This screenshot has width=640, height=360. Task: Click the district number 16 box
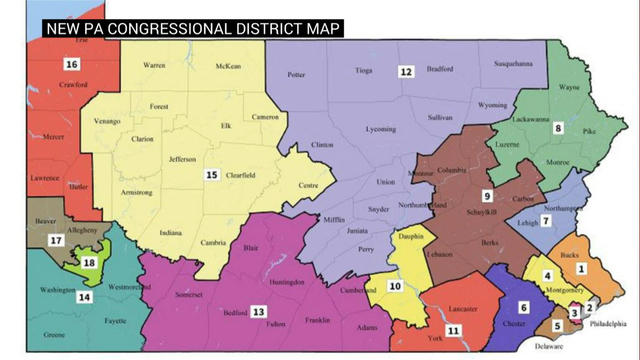(x=72, y=65)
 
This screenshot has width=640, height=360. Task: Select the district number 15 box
(x=212, y=175)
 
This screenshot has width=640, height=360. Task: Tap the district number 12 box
(x=405, y=72)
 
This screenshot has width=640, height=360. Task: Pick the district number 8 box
(x=559, y=127)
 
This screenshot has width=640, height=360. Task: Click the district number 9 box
(x=487, y=195)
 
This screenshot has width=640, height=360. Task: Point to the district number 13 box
(x=258, y=312)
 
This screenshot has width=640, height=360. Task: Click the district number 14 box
(x=85, y=297)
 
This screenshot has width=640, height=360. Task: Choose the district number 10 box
(x=395, y=286)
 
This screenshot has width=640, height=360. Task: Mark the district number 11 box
(x=453, y=330)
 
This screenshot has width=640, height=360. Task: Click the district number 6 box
(x=522, y=307)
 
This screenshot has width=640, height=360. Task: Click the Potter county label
(x=296, y=75)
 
